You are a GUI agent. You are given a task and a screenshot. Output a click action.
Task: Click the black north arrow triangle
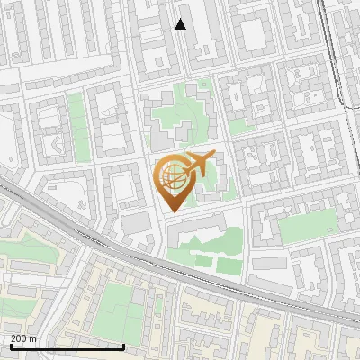point(180,24)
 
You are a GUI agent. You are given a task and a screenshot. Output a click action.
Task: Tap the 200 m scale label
point(24,338)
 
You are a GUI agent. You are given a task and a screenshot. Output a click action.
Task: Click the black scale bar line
point(67,346)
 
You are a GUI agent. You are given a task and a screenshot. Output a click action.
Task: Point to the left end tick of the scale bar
point(11,345)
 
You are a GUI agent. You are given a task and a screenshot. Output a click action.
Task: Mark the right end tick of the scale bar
point(124,345)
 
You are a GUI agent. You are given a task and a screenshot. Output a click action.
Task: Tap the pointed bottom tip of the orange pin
point(171,211)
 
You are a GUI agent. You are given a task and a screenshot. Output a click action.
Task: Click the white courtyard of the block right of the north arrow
point(255,37)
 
